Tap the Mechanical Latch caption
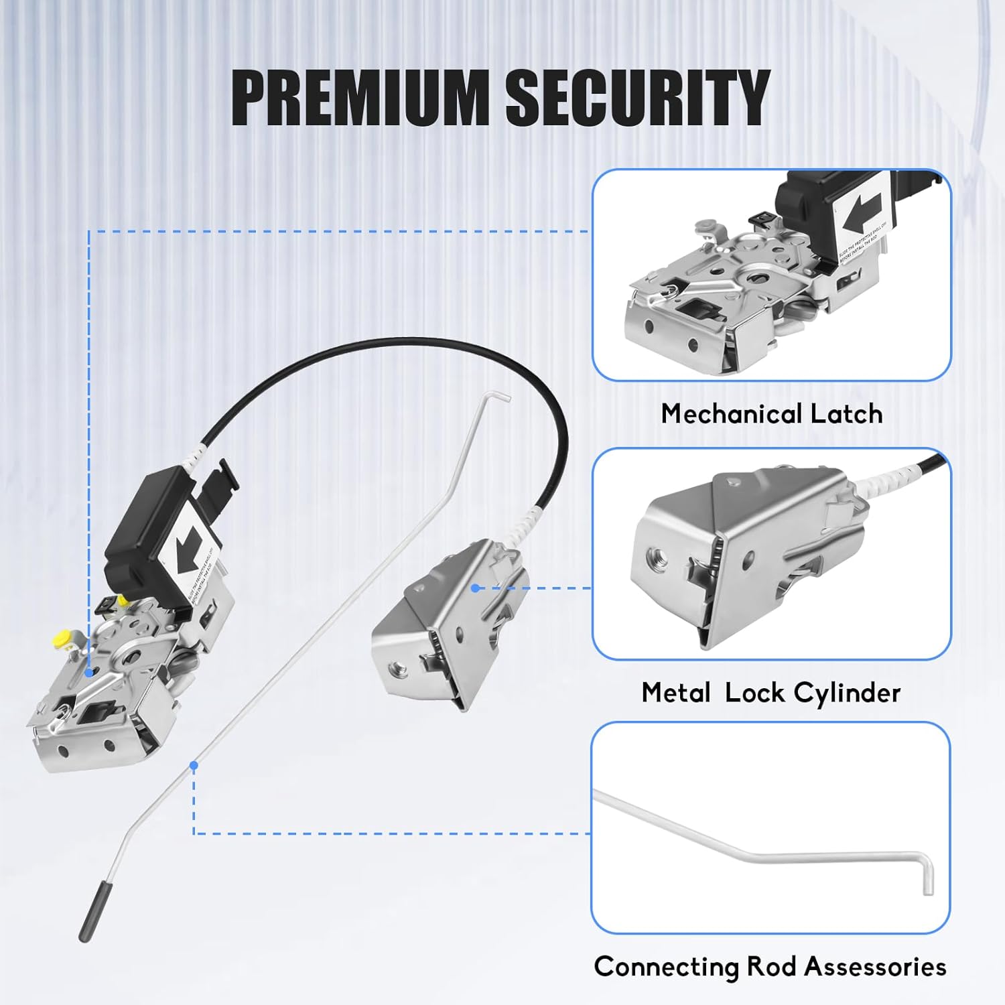tap(771, 413)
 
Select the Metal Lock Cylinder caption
tap(771, 692)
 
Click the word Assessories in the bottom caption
tap(875, 967)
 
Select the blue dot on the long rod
tap(194, 764)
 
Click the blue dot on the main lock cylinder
tap(474, 588)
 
